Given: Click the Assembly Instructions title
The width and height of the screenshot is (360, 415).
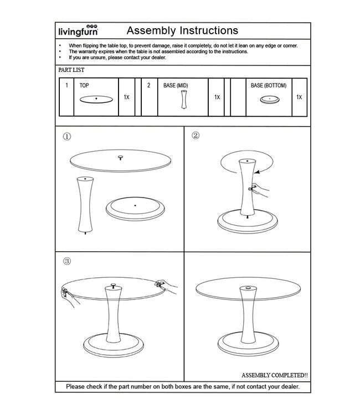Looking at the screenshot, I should click(182, 30).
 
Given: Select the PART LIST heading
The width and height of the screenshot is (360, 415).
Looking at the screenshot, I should click(71, 70).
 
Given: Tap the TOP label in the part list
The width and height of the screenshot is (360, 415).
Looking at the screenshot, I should click(84, 86).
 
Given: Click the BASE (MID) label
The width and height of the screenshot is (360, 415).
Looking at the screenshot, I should click(176, 86).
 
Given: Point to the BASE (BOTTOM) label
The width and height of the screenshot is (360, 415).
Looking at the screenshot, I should click(269, 86).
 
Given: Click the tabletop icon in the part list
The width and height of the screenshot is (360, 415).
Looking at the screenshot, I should click(96, 99).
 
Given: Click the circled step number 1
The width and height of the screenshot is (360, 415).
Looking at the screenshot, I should click(67, 137).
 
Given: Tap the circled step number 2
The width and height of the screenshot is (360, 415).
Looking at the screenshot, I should click(196, 135).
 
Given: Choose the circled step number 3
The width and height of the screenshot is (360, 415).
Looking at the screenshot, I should click(67, 261).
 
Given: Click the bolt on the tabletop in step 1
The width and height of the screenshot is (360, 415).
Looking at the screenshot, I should click(120, 158).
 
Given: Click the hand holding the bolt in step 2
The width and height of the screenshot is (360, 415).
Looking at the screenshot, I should click(259, 190).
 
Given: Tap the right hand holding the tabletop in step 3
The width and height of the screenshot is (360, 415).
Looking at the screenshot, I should click(166, 285).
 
